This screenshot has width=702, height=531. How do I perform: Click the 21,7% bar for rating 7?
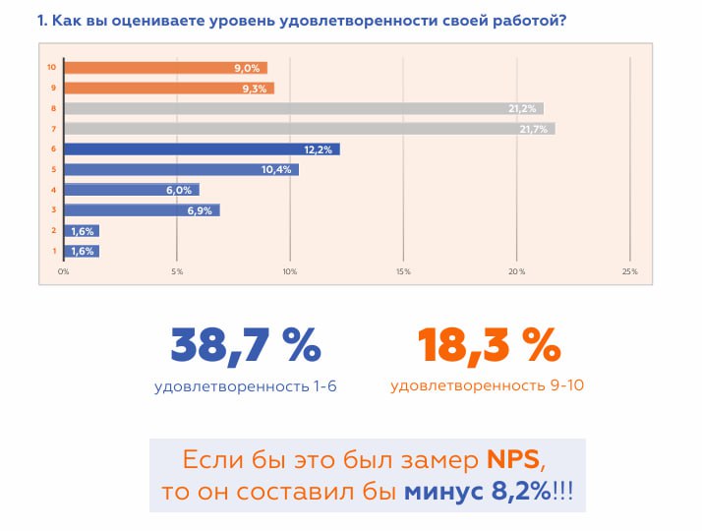(309, 129)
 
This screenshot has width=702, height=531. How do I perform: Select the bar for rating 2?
(83, 231)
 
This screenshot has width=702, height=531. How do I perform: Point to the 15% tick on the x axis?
(403, 271)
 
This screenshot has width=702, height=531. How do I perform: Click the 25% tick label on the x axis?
(629, 271)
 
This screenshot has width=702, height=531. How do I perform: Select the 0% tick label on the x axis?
(64, 271)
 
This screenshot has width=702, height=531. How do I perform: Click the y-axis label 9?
(51, 88)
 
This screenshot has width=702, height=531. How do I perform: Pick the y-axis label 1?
(51, 252)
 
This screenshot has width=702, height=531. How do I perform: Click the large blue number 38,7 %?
(246, 345)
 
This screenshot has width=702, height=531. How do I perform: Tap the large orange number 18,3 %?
(487, 345)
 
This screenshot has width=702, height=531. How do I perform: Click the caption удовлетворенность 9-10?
(487, 385)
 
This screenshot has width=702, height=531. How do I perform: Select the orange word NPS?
(513, 460)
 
